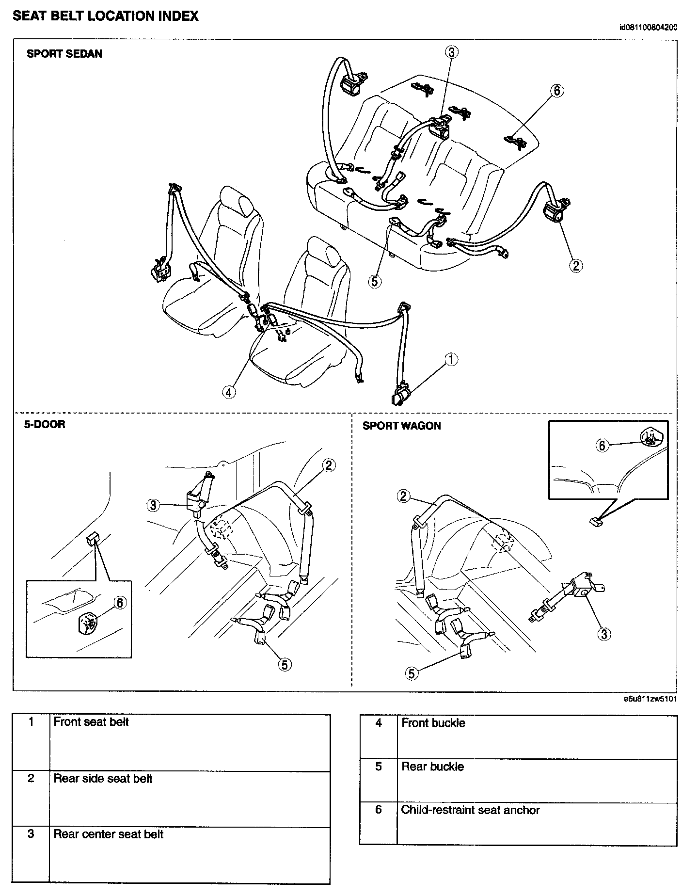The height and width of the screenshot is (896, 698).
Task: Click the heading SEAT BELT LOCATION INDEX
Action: [x=105, y=16]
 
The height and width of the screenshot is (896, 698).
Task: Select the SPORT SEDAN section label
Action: [x=64, y=54]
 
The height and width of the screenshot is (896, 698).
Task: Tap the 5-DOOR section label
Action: [x=45, y=424]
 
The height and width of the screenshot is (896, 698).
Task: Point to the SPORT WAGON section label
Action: [x=402, y=426]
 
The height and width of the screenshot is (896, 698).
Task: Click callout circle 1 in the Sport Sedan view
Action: [x=451, y=360]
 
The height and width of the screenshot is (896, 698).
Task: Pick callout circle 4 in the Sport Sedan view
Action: [x=229, y=392]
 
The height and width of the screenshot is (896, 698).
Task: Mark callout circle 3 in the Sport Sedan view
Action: [x=451, y=52]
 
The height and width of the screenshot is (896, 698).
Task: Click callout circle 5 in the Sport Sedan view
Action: [x=375, y=281]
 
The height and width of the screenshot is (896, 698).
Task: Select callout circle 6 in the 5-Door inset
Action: [x=119, y=602]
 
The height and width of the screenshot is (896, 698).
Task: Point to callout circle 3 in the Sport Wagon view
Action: [x=604, y=634]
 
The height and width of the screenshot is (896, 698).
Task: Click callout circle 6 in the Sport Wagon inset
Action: [x=602, y=445]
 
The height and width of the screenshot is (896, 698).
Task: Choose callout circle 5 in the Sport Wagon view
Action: [x=412, y=673]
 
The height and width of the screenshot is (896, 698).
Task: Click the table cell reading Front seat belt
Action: [x=91, y=722]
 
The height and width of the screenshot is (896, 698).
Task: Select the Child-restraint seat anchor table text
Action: [x=470, y=810]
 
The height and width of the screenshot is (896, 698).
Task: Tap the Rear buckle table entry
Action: [x=432, y=767]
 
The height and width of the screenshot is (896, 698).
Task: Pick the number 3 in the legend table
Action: [x=31, y=834]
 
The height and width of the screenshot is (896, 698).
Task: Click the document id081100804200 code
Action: [x=648, y=27]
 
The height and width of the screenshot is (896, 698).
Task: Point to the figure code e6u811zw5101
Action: [x=650, y=699]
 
